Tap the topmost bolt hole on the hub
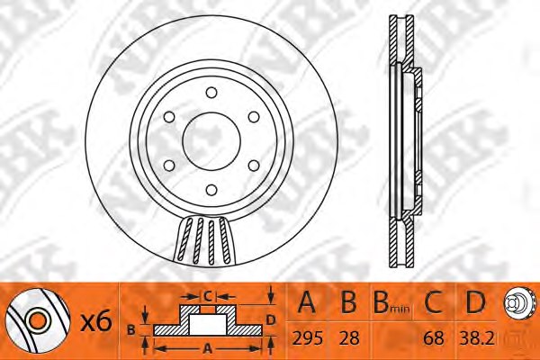tap(210, 92)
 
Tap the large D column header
tap(475, 304)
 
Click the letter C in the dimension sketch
tap(206, 294)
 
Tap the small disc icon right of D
tap(517, 304)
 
